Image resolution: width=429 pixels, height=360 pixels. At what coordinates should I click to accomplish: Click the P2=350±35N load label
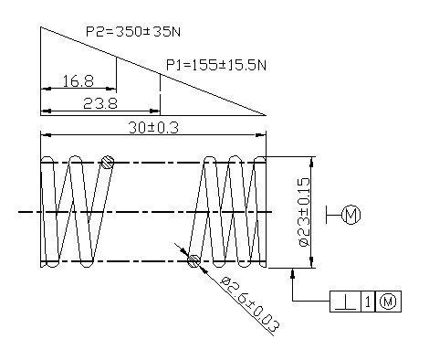coord(133,32)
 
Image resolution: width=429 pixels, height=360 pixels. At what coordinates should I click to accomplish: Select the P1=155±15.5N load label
coord(216,65)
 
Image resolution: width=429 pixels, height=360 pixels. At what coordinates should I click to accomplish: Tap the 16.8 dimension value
coord(78,81)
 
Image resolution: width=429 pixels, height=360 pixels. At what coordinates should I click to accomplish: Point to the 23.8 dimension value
coord(100,103)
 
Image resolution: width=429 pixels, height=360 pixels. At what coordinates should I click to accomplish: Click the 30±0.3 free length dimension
coord(153,128)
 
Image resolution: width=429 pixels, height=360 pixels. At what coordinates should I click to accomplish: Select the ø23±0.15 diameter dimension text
coord(304,212)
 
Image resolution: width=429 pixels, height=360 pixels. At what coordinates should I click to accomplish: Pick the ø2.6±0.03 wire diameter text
coord(250,304)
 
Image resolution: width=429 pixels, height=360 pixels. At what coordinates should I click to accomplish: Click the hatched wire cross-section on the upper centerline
coord(108,162)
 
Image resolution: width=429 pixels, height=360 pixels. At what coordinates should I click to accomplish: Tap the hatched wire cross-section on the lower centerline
coord(194,261)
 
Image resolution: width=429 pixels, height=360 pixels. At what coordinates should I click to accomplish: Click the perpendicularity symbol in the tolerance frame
coord(345,302)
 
